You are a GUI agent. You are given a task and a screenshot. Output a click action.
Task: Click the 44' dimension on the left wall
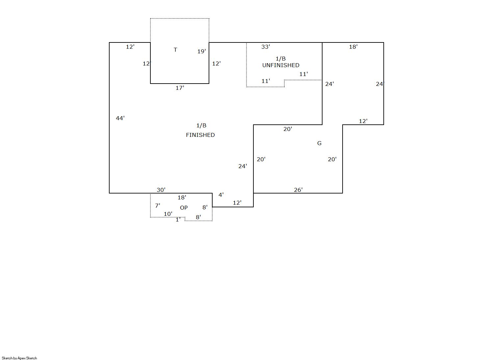point(120,118)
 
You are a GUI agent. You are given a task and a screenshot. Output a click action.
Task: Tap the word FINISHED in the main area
point(200,135)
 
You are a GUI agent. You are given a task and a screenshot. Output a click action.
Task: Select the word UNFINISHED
point(281,65)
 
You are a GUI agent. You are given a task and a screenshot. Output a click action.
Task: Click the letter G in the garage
point(319,143)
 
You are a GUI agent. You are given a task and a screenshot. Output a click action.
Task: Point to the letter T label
point(175,50)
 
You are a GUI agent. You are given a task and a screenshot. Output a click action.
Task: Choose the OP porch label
point(184,208)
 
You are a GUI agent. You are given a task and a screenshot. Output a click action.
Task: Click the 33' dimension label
point(266,47)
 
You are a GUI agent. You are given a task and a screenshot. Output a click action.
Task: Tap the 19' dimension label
point(202,51)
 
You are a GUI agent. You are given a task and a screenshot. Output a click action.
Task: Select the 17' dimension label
point(180,88)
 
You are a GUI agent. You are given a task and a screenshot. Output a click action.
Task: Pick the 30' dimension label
point(161,190)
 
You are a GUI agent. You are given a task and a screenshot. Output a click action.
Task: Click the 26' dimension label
point(298,190)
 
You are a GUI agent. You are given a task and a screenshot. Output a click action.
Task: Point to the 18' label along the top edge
point(353,47)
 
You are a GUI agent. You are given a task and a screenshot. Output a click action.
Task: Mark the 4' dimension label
point(221,195)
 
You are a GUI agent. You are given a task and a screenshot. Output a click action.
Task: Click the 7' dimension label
point(158,206)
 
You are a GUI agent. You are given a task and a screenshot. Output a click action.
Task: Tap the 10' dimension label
point(168,214)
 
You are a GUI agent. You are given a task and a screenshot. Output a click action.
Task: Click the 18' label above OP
point(182,197)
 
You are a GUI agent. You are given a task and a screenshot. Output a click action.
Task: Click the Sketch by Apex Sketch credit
point(19,358)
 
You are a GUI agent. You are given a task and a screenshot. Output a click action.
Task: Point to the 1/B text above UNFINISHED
point(281,59)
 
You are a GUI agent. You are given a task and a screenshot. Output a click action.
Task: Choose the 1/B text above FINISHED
point(201,125)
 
